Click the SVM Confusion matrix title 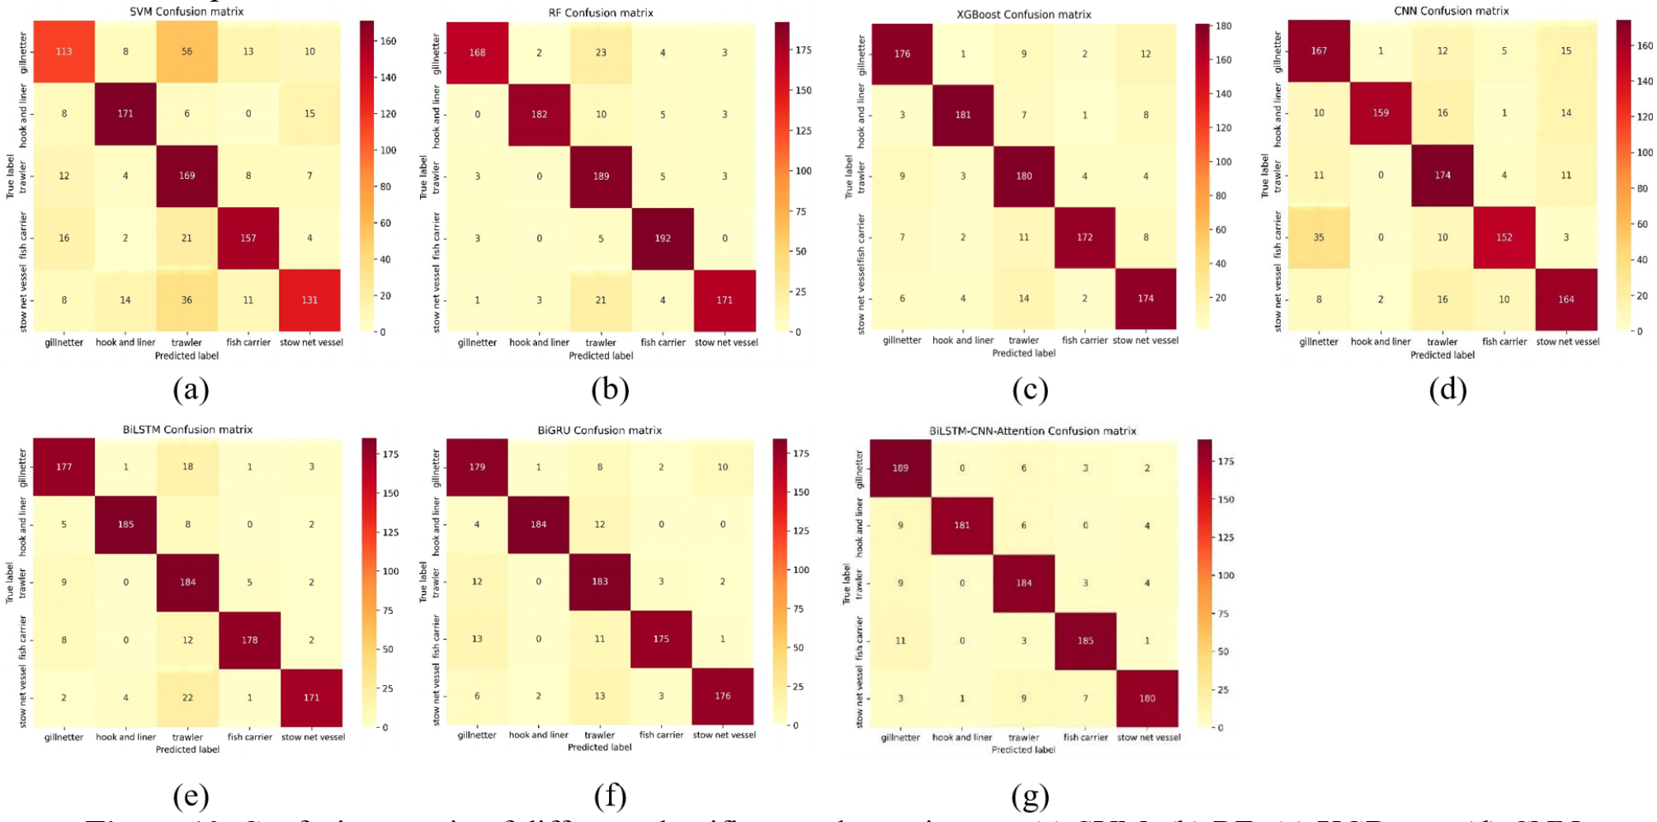pos(186,12)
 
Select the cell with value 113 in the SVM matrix pos(64,51)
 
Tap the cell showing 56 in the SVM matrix pos(186,51)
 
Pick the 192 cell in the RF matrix pos(663,239)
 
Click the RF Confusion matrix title pos(601,12)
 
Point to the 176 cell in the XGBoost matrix pos(902,54)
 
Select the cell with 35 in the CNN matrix pos(1319,238)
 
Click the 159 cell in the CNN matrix pos(1381,113)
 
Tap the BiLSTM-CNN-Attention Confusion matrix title pos(1032,431)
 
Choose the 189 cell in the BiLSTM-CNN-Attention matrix pos(900,468)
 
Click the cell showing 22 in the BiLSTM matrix pos(187,697)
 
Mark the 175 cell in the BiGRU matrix pos(661,639)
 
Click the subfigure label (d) pos(1447,389)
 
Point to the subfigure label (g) pos(1030,796)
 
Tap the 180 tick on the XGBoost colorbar pos(1223,26)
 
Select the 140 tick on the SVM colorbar pos(388,78)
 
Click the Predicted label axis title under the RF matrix pos(601,356)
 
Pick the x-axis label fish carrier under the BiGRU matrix pos(661,735)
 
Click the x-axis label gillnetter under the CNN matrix pos(1319,342)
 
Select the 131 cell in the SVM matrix pos(309,300)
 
